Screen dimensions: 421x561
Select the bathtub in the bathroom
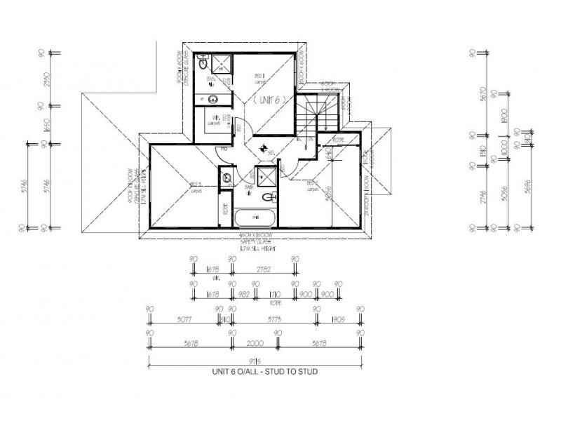[254, 218]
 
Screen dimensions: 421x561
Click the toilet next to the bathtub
[267, 199]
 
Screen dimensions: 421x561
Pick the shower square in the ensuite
[221, 64]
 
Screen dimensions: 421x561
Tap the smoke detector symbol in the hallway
[262, 148]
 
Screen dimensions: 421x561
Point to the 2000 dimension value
[254, 344]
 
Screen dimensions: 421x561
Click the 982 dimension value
[244, 295]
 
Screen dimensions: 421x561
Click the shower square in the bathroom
[265, 175]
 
